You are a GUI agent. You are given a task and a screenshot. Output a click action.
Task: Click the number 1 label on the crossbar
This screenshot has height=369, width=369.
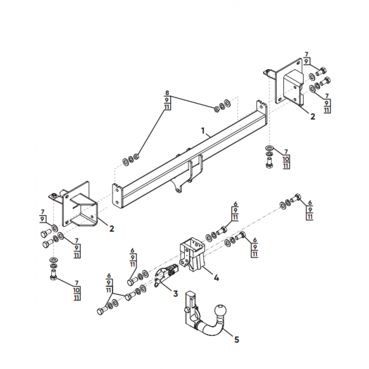click(x=203, y=131)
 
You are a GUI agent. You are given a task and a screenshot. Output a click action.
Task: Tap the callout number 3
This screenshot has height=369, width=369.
click(x=175, y=293)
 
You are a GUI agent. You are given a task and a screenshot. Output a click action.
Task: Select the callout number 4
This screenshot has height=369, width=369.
click(x=216, y=278)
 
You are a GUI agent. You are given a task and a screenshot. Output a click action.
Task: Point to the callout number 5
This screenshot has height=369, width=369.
click(x=237, y=339)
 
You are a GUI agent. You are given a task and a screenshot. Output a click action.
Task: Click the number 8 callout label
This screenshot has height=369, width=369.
click(x=167, y=93)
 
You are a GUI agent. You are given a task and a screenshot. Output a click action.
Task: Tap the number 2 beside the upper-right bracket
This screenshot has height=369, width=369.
click(x=312, y=116)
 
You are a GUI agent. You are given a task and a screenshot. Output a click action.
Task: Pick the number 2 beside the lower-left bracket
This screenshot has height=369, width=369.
click(x=111, y=228)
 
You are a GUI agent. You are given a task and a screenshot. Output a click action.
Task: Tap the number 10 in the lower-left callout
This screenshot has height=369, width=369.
click(x=77, y=290)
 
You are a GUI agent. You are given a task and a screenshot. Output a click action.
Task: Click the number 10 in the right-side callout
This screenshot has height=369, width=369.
click(x=286, y=159)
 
